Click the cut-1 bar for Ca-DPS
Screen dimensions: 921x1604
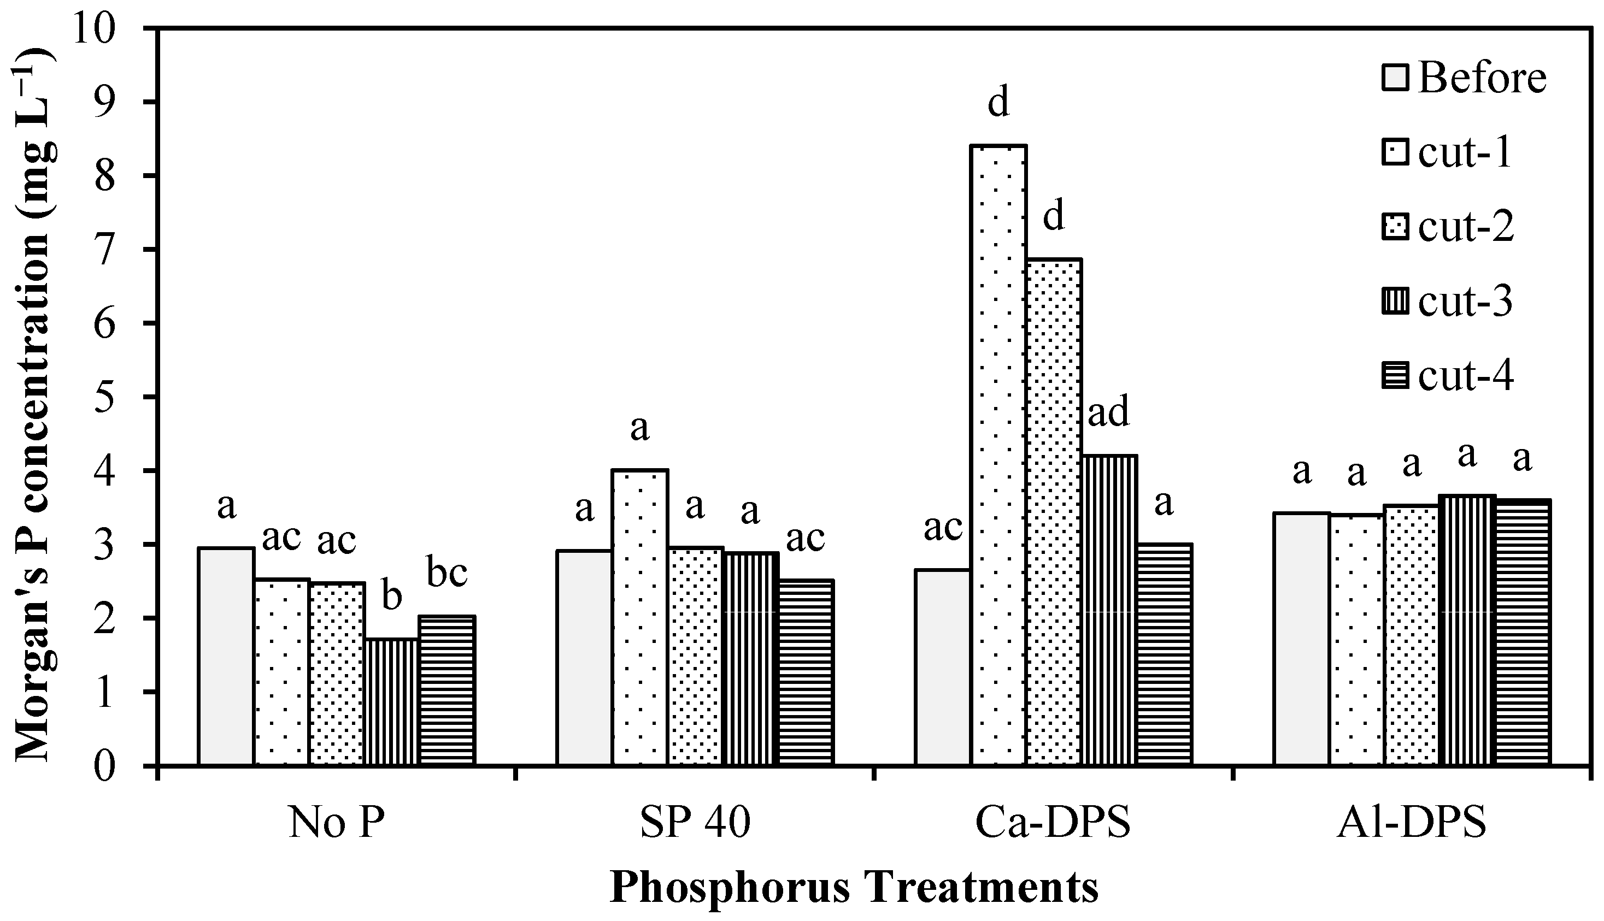click(998, 456)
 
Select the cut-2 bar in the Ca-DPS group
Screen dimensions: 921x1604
click(1054, 512)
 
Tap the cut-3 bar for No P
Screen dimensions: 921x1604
click(392, 702)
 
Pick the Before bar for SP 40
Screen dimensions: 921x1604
click(584, 658)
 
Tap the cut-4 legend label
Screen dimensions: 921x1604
click(1465, 376)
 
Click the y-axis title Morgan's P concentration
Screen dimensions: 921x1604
click(33, 405)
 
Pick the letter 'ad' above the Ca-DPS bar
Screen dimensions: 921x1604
click(1108, 413)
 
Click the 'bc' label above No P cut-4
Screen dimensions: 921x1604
click(446, 572)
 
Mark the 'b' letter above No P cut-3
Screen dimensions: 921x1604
click(392, 596)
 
